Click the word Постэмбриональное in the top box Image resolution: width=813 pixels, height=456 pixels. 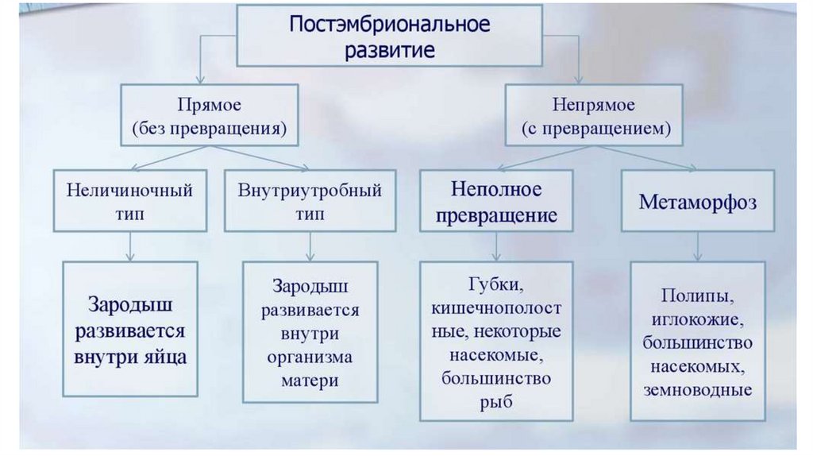[x=389, y=24]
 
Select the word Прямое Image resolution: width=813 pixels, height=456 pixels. [x=210, y=105]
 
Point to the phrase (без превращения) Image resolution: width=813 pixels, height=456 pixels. [x=210, y=127]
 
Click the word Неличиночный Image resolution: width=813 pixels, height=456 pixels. [x=130, y=191]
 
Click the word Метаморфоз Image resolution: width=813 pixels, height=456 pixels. [x=698, y=202]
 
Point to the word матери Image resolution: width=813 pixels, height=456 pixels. [x=310, y=380]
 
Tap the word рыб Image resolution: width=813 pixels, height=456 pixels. [x=496, y=402]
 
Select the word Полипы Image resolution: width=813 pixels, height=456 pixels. [x=698, y=296]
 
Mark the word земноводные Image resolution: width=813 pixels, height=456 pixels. [x=698, y=390]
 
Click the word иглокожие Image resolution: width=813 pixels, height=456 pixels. [x=698, y=319]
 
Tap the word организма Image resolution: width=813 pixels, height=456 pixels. [x=310, y=357]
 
